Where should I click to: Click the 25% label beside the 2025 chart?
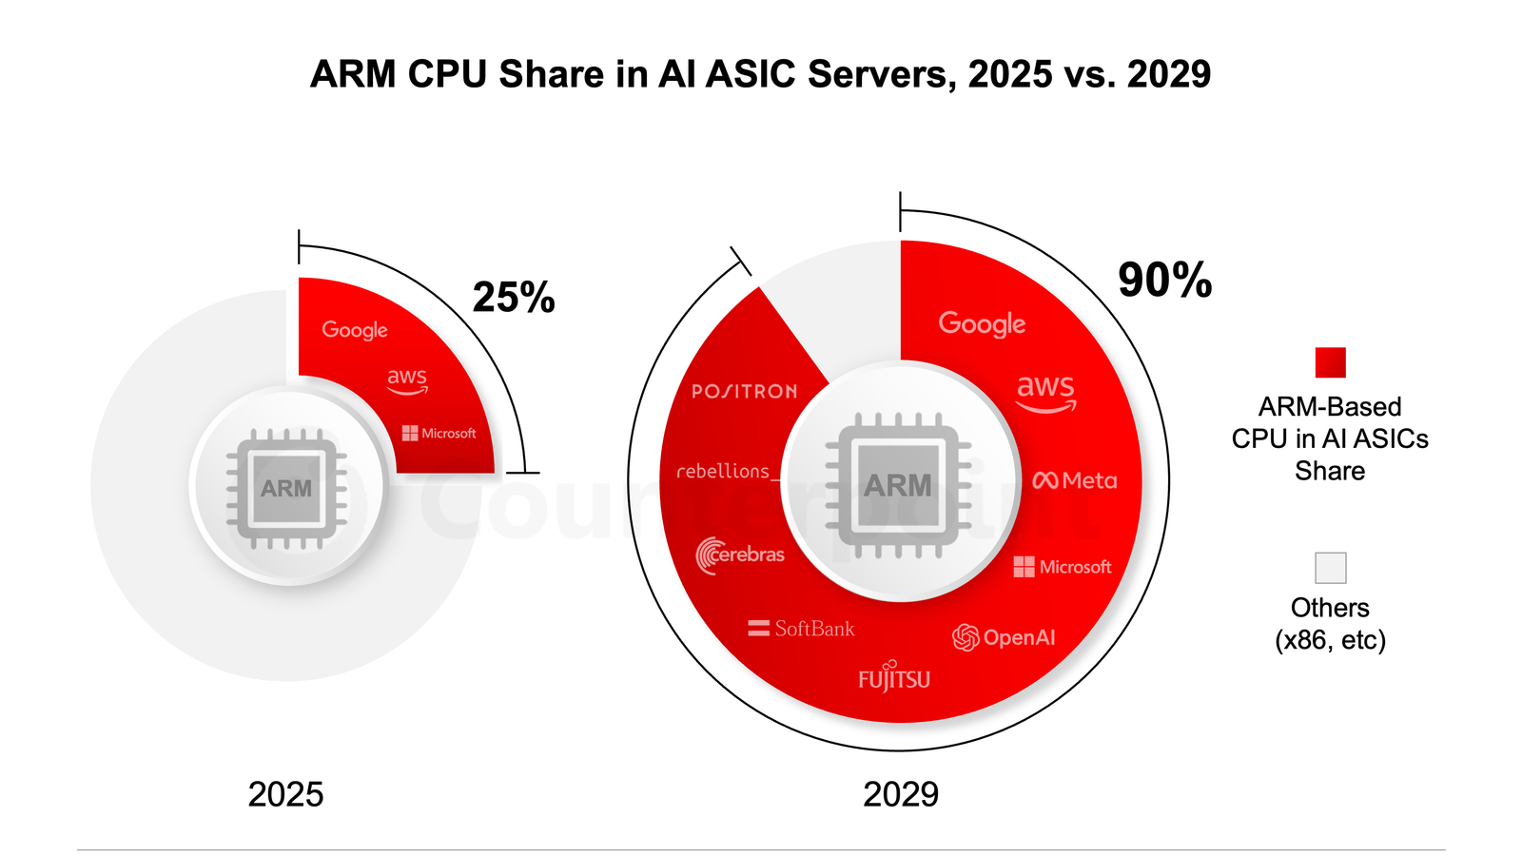click(x=514, y=298)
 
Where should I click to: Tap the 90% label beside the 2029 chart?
click(x=1164, y=281)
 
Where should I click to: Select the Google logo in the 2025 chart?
click(x=355, y=330)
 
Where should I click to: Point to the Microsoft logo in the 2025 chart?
click(x=439, y=434)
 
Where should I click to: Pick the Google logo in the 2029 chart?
click(x=982, y=324)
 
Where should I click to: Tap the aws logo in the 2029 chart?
click(x=1045, y=391)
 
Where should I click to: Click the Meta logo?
click(x=1074, y=481)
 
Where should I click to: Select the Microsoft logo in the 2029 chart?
click(x=1062, y=567)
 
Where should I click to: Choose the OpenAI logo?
click(x=1004, y=637)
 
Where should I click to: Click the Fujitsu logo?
click(x=894, y=677)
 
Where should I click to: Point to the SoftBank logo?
click(x=801, y=629)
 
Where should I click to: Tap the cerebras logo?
click(x=740, y=554)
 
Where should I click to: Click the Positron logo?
click(x=744, y=391)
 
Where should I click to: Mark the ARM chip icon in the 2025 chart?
click(x=286, y=488)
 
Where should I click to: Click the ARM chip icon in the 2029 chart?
click(x=898, y=485)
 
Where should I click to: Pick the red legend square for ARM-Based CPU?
click(x=1330, y=362)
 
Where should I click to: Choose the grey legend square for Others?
click(x=1330, y=568)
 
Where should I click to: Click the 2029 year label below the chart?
click(x=900, y=794)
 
